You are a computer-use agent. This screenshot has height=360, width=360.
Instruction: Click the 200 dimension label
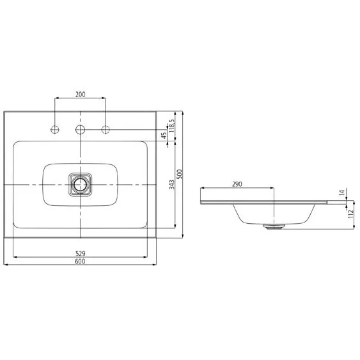coord(81,94)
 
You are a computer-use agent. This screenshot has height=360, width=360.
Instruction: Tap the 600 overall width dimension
coord(80,262)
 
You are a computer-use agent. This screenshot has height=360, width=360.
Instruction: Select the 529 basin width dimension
coord(81,253)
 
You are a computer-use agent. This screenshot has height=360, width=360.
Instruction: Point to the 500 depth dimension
coord(180,174)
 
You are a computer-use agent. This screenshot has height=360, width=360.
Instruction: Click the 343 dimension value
coord(172,185)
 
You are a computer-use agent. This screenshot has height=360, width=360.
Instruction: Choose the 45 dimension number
coord(164,136)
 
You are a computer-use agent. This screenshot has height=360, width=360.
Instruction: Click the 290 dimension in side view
coord(237,184)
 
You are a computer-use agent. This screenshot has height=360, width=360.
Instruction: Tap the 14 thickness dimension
coord(342,192)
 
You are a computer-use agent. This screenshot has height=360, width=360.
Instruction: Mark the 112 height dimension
coord(351,214)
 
